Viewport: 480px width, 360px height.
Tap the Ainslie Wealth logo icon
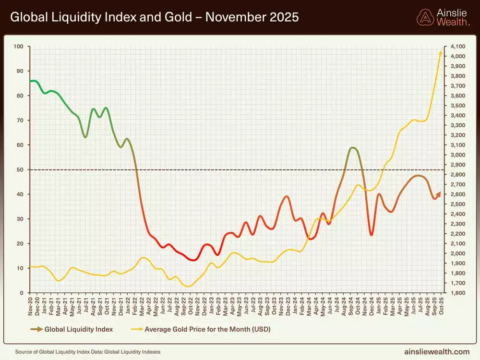(425, 17)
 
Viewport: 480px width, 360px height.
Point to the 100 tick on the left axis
(19, 47)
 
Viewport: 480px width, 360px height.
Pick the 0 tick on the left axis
(22, 293)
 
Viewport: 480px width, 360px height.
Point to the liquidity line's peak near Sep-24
(353, 148)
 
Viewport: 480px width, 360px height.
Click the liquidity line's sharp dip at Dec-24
(371, 235)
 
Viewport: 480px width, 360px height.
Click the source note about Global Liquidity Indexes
(88, 352)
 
